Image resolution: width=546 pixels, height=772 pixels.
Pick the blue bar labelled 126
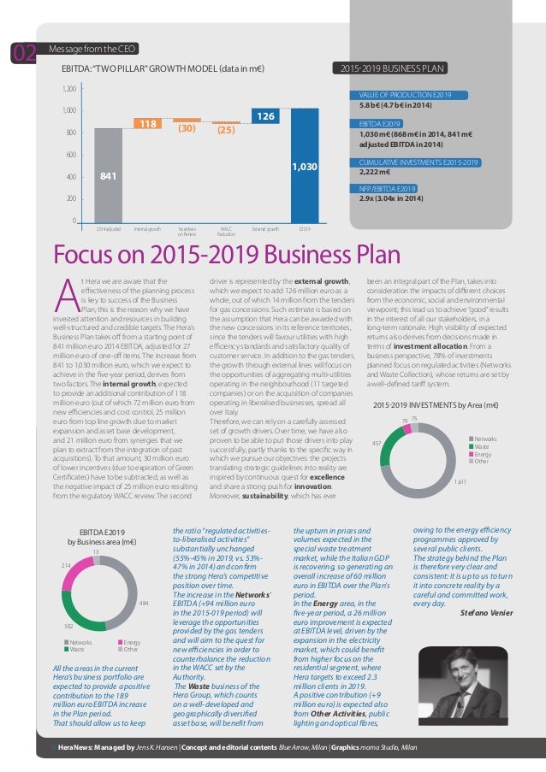tap(264, 114)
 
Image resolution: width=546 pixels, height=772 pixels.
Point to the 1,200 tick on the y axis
tap(68, 88)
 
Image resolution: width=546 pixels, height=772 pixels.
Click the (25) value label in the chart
tap(225, 131)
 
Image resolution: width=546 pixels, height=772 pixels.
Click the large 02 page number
tap(23, 54)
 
